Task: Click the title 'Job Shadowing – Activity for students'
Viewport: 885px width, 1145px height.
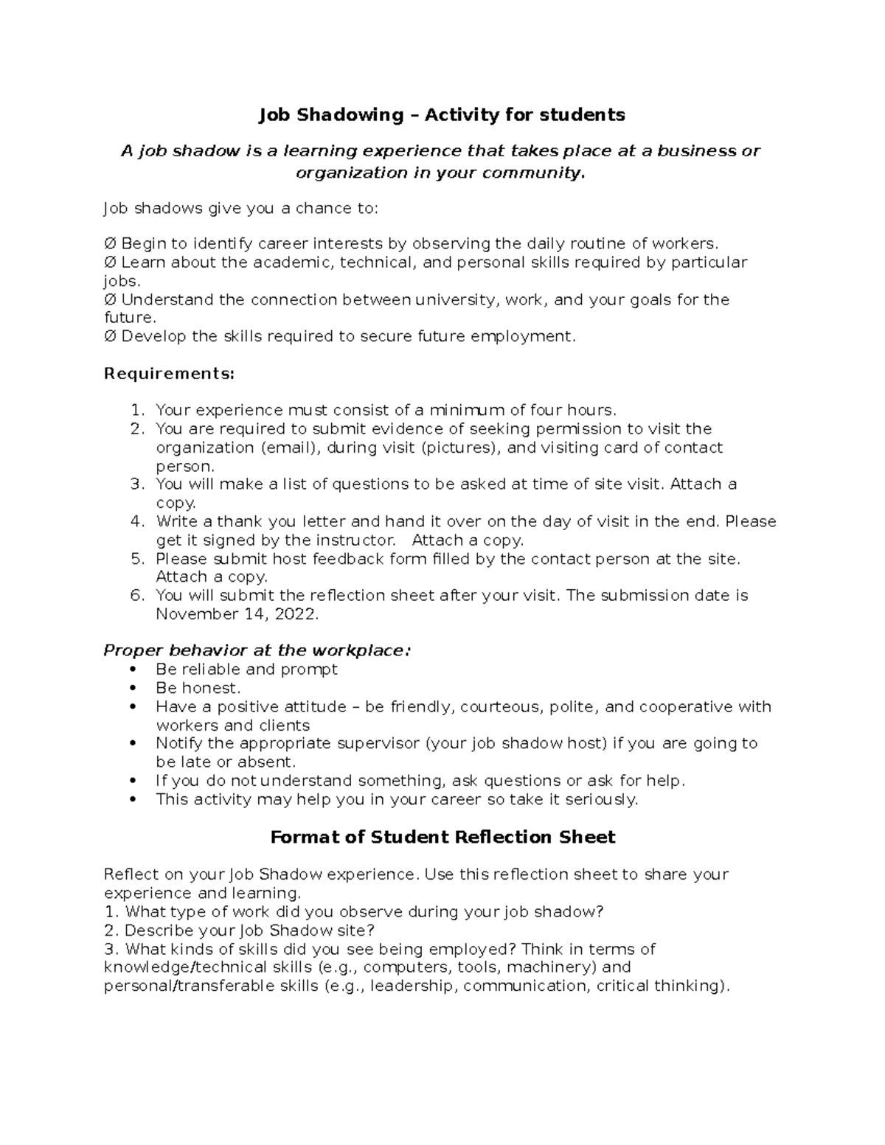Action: click(x=441, y=115)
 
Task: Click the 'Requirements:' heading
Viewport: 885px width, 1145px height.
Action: click(x=169, y=374)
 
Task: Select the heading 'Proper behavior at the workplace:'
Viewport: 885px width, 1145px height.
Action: click(x=257, y=650)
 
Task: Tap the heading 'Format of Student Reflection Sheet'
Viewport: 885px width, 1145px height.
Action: click(x=442, y=838)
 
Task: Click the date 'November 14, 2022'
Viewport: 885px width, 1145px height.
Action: click(x=236, y=614)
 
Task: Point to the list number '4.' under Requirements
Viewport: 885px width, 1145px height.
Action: click(x=137, y=522)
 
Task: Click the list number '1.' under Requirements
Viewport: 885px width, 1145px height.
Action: click(x=137, y=411)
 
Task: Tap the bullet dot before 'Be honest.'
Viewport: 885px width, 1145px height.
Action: click(x=133, y=689)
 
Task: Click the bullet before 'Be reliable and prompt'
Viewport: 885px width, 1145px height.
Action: click(x=133, y=669)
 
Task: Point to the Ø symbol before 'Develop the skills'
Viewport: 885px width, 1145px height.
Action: click(x=110, y=337)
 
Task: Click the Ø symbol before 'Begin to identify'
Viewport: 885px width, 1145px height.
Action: click(x=110, y=244)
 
